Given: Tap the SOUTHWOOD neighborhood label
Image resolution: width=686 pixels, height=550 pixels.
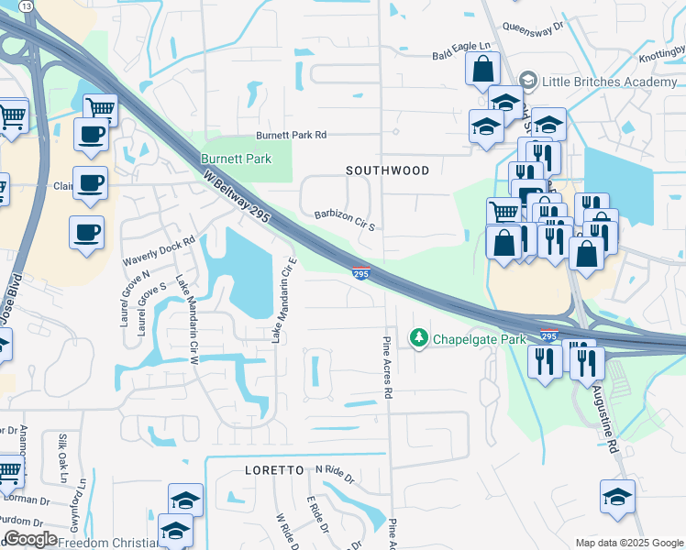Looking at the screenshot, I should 387,170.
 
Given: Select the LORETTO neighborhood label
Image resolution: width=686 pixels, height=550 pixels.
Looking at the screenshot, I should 273,469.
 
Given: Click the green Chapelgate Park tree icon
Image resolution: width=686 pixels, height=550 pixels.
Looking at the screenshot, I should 419,339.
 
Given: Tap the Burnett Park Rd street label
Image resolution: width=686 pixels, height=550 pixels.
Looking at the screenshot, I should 291,135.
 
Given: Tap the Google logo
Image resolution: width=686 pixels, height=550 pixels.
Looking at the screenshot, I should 30,539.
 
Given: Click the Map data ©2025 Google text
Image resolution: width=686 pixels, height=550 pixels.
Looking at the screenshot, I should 629,543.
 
